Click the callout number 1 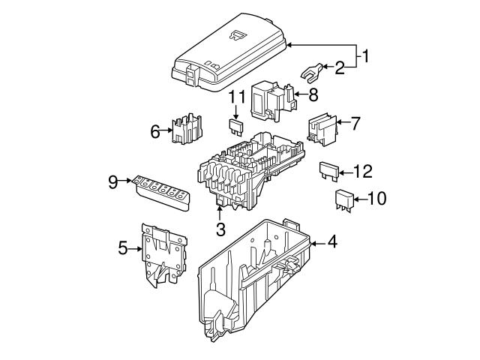tap(365, 55)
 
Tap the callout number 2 tap(340, 69)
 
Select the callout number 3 tap(220, 229)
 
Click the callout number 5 tap(124, 248)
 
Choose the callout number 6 tap(155, 131)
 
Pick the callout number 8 tap(313, 94)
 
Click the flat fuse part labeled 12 tap(329, 170)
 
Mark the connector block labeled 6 tap(187, 129)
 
